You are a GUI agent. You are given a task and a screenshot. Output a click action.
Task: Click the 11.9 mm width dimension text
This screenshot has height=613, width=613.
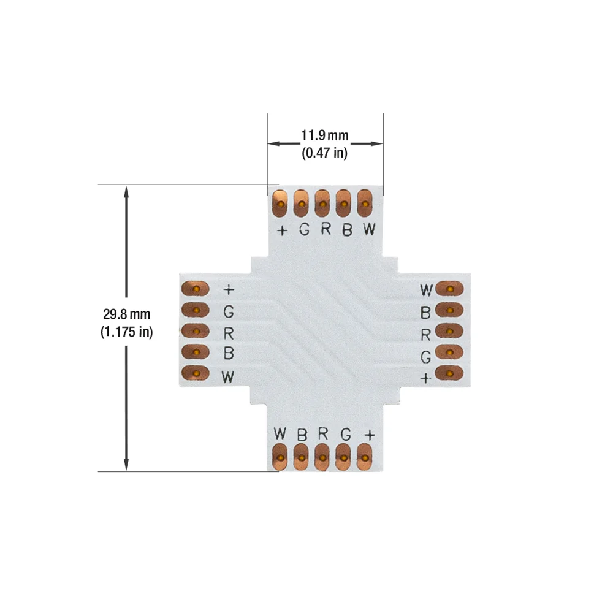(324, 135)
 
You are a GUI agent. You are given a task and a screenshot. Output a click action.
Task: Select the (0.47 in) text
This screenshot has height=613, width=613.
(324, 153)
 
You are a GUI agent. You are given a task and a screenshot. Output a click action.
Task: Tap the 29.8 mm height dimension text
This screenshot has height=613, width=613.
(126, 314)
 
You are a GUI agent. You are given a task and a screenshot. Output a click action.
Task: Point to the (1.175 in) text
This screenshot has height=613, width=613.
(126, 332)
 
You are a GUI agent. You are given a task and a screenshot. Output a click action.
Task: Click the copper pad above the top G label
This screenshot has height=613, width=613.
(301, 204)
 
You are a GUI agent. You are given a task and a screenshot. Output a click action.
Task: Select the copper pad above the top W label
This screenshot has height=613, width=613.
(365, 204)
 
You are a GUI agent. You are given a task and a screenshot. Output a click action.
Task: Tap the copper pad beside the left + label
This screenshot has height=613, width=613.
(196, 289)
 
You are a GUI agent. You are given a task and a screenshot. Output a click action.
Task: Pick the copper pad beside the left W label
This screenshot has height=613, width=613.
(196, 373)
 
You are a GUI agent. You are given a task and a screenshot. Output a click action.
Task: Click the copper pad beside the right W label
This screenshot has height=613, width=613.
(449, 289)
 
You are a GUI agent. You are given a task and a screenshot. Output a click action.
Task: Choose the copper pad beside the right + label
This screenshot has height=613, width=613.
(449, 373)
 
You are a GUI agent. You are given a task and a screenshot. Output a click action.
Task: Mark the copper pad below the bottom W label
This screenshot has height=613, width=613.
(280, 457)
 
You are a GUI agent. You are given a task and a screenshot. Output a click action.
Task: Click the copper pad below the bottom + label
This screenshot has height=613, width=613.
(364, 457)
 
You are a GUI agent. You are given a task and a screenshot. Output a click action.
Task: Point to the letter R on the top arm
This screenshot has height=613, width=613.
(326, 229)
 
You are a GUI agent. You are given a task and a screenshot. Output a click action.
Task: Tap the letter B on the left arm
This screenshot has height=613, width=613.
(229, 353)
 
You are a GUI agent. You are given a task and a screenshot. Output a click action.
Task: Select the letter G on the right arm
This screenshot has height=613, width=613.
(426, 357)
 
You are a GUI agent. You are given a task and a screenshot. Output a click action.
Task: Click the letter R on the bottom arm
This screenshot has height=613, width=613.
(323, 433)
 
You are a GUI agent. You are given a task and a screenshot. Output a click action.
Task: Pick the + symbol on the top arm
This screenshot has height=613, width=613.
(282, 230)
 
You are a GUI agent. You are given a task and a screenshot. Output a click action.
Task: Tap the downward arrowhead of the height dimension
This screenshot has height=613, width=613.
(126, 464)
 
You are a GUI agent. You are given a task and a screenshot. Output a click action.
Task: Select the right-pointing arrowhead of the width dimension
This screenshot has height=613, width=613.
(376, 143)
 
